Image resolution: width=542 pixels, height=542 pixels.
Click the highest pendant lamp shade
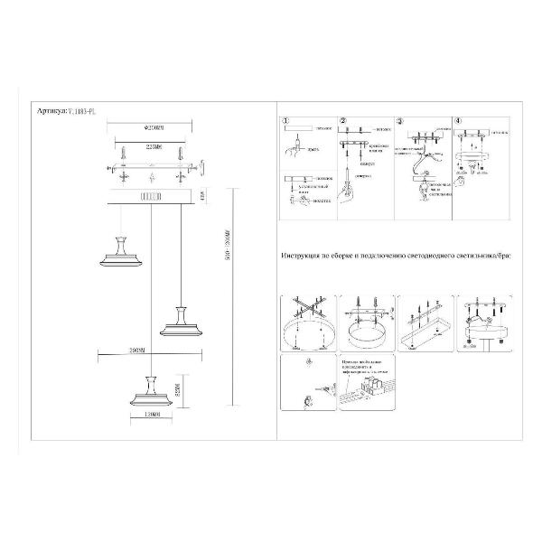[x=120, y=254]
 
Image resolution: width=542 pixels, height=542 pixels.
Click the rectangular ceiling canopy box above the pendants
[x=150, y=196]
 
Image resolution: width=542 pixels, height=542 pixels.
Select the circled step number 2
[x=342, y=120]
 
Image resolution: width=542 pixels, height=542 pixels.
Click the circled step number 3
[x=400, y=120]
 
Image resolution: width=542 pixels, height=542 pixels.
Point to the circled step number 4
[x=458, y=120]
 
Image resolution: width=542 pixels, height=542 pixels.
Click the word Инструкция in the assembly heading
[x=303, y=257]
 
